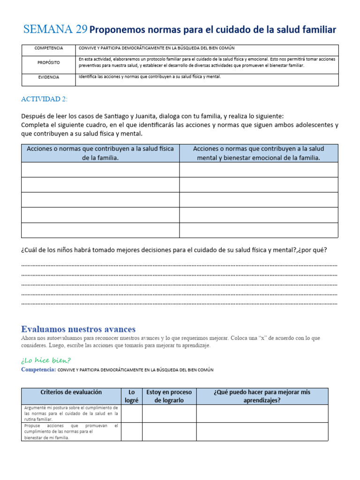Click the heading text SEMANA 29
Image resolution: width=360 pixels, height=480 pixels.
(55, 30)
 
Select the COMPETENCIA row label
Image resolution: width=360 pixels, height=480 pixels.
(48, 48)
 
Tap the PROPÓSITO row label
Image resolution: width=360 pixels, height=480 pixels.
(48, 62)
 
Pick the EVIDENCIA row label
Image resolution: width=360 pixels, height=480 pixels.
(48, 77)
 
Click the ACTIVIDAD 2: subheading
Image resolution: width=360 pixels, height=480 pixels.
(45, 99)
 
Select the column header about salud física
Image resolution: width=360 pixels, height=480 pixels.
(100, 153)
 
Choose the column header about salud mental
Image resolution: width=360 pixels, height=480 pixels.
(258, 153)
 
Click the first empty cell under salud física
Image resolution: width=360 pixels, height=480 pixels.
(100, 170)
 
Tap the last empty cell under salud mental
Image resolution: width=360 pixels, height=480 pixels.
(258, 230)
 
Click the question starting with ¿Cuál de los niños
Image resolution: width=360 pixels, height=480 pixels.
(174, 250)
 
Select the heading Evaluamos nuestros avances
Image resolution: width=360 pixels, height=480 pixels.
(78, 329)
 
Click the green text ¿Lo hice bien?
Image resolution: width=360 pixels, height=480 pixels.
(46, 360)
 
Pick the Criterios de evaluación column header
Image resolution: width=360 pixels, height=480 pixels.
(71, 392)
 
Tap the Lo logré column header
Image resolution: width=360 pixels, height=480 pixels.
(131, 396)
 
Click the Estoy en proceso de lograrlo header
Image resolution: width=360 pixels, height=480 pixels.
(169, 396)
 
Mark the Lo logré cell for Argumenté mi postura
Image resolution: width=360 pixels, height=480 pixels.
(131, 413)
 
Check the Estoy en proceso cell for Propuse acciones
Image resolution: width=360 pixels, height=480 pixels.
(169, 431)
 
